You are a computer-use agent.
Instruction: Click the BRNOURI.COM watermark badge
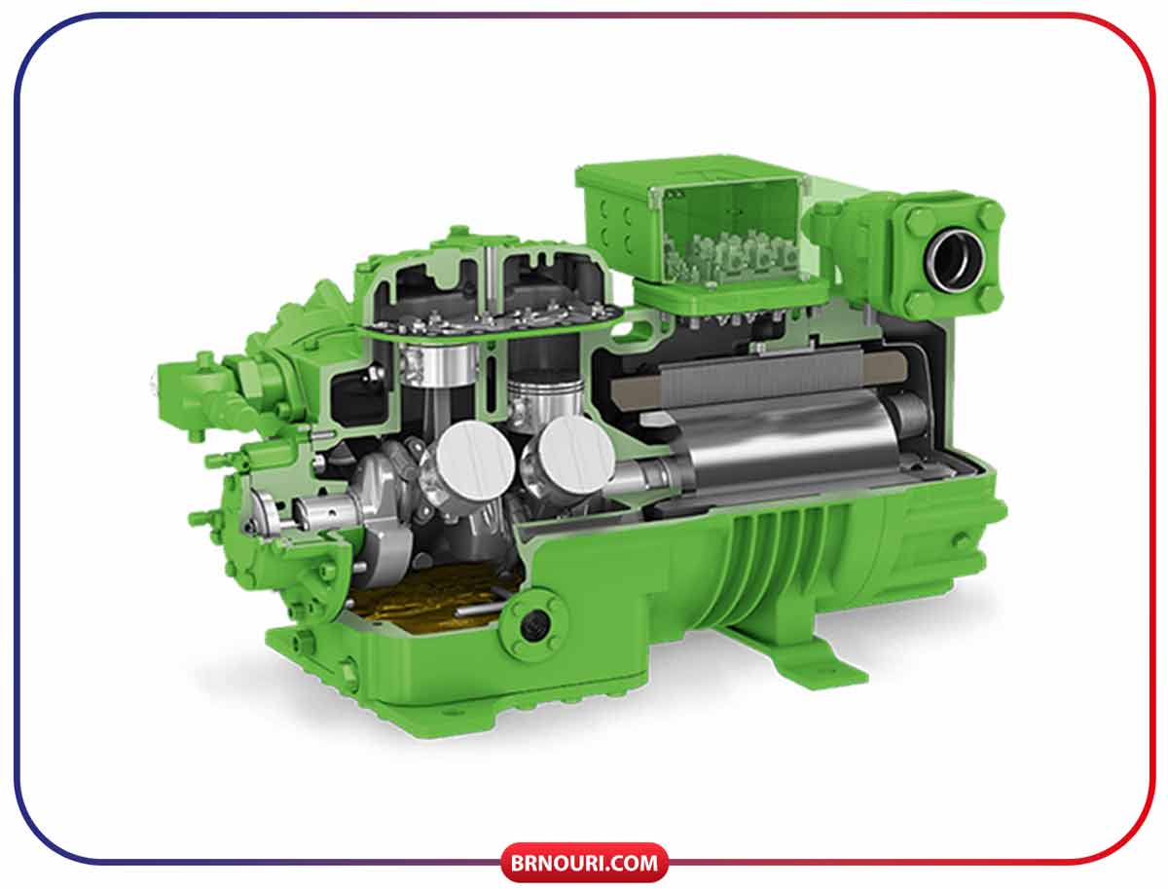tap(584, 863)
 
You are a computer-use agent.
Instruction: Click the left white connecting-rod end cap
tap(476, 459)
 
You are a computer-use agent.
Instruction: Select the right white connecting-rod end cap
tap(576, 455)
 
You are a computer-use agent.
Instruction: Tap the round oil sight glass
tap(533, 625)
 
